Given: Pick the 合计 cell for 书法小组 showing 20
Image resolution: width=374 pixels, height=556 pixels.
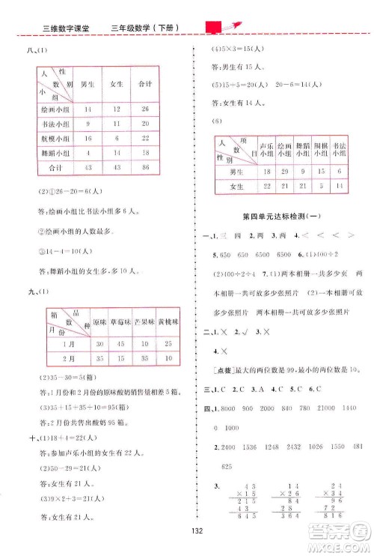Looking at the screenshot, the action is (x=145, y=123).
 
